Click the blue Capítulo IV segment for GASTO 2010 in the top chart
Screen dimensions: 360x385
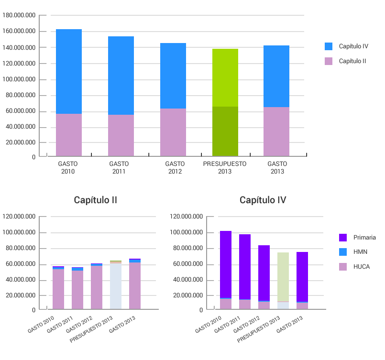[69, 71]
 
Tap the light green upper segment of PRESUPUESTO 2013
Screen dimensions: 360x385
[225, 77]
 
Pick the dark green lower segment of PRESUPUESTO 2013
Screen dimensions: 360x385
[225, 131]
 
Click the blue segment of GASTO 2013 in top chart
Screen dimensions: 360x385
[276, 76]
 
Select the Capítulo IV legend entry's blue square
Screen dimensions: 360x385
[329, 46]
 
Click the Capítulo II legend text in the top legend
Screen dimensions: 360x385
[353, 61]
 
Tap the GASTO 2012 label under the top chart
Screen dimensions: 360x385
[175, 167]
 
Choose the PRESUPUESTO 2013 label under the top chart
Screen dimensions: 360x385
[225, 167]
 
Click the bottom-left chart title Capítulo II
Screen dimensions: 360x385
[96, 200]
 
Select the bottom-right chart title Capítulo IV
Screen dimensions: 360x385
[263, 200]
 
